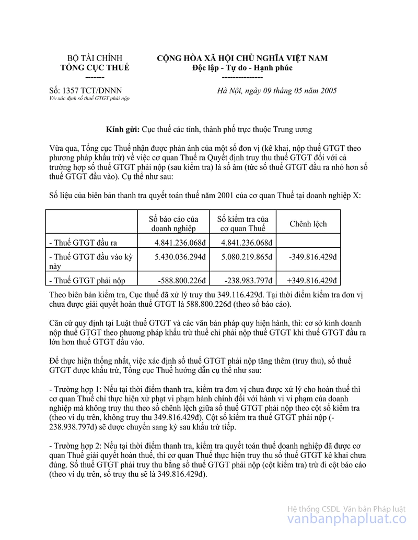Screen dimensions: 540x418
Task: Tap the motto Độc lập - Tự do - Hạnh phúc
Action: point(242,68)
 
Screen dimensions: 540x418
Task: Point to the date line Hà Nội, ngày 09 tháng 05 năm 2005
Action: point(277,90)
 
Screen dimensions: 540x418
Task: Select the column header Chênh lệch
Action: point(308,224)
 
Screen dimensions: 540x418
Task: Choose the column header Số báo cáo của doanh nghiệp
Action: point(174,224)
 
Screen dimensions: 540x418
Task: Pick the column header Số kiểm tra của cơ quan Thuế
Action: point(242,224)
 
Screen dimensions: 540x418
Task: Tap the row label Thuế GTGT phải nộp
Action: point(87,280)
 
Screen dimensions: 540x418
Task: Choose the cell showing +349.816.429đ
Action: point(312,280)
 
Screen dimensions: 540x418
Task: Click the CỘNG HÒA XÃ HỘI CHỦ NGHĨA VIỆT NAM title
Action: point(242,58)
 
